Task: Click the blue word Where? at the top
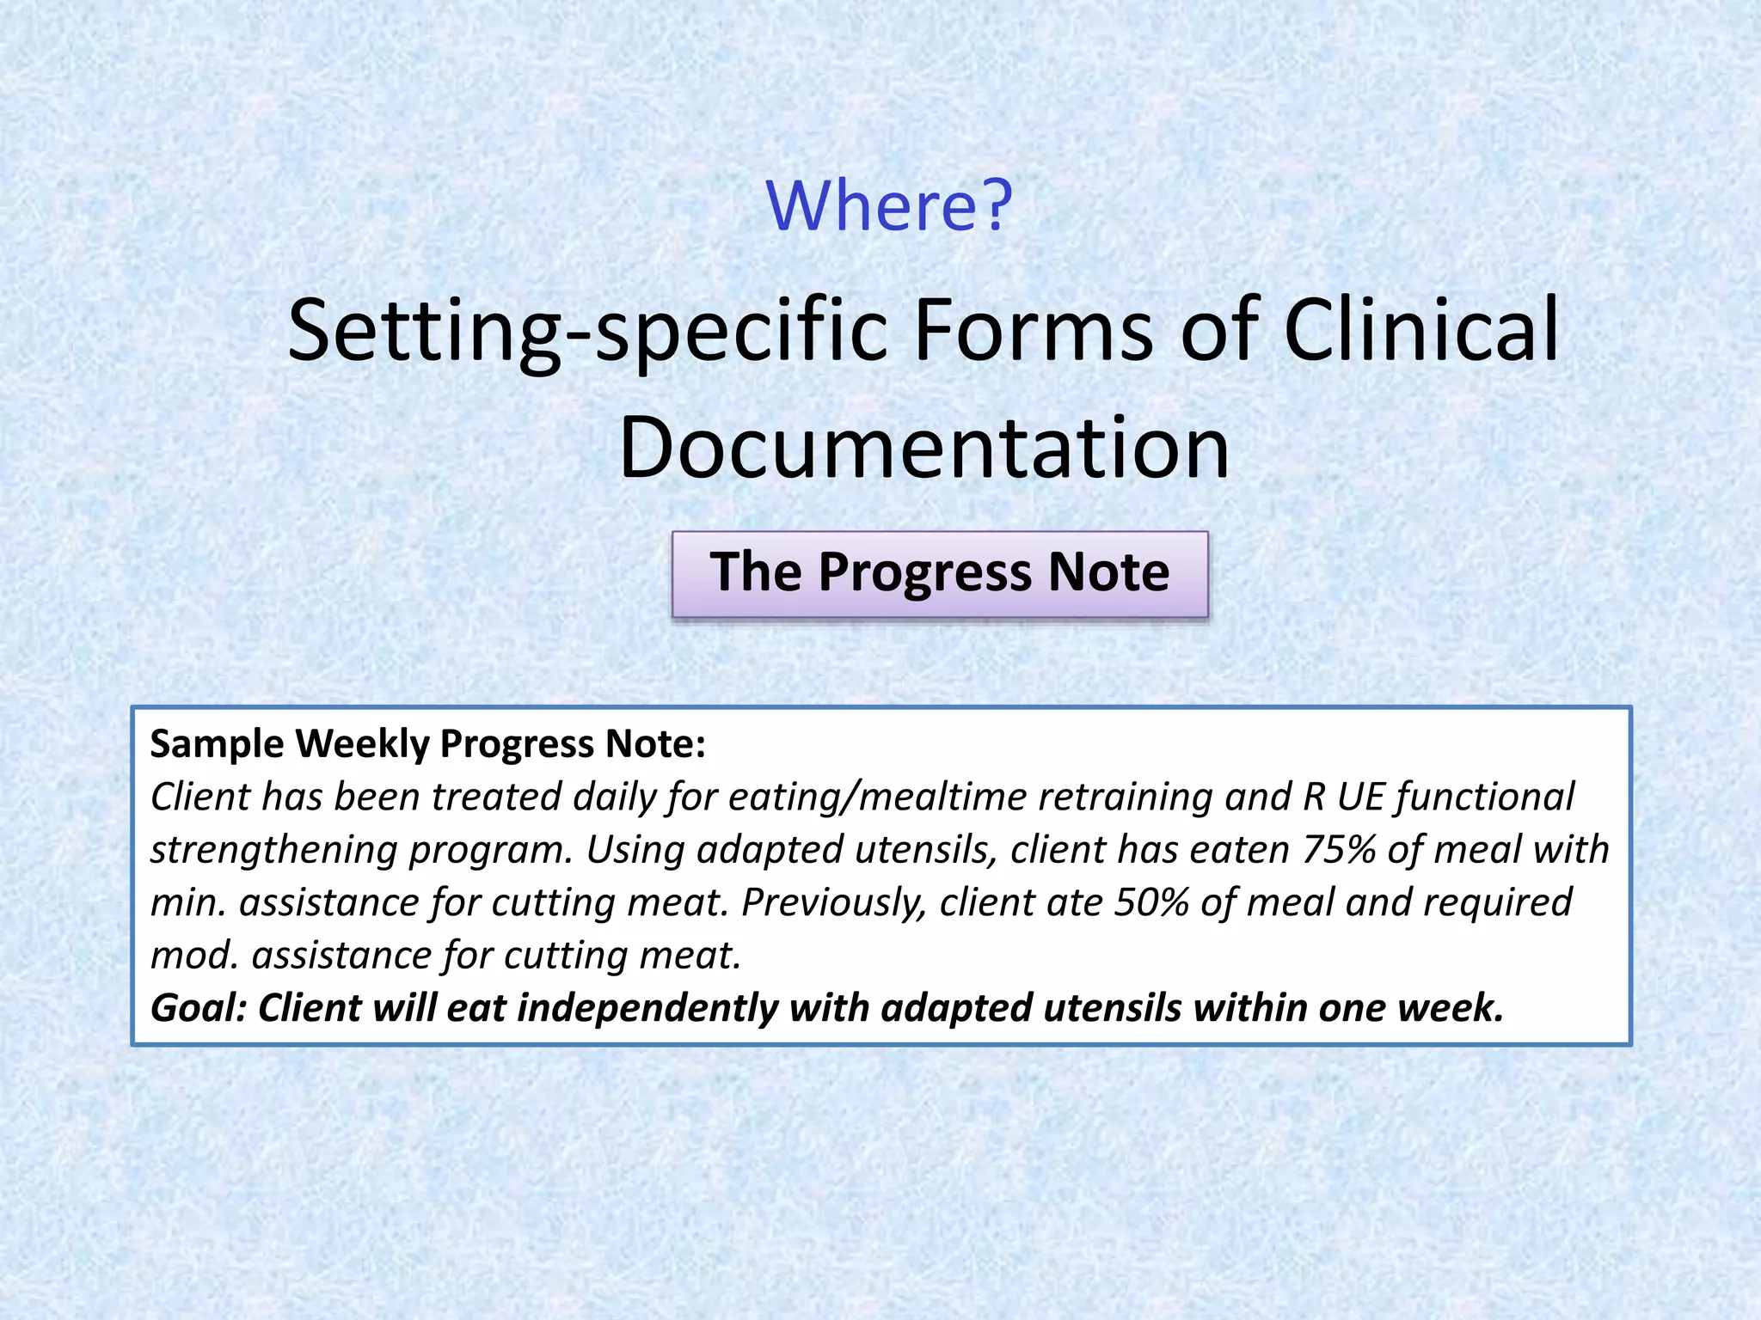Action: [889, 206]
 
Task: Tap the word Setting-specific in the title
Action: [587, 330]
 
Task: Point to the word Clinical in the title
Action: [1420, 330]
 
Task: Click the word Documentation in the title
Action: [923, 449]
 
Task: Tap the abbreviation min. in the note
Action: [187, 902]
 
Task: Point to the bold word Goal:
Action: [199, 1008]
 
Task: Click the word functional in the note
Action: [1485, 797]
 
